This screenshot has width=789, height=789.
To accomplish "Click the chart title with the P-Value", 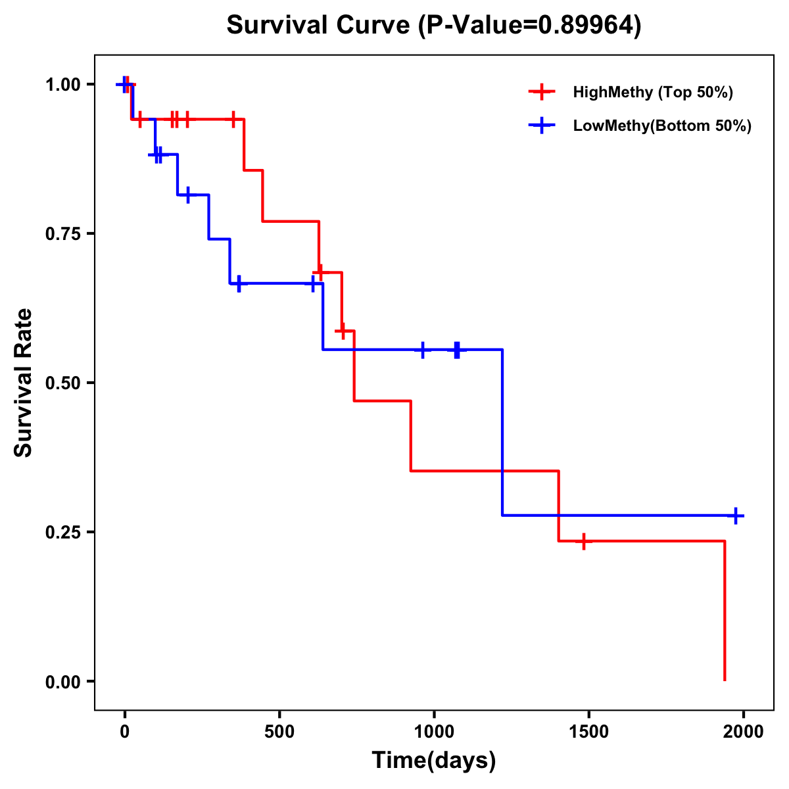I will (433, 25).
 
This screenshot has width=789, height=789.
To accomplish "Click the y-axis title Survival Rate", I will (24, 383).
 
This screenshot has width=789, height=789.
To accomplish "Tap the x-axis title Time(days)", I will (434, 760).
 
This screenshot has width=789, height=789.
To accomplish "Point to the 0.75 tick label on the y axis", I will (63, 233).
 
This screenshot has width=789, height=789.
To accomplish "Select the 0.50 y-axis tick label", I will (63, 383).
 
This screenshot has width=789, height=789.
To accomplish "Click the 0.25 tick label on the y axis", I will (63, 532).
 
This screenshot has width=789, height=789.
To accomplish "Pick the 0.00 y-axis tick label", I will (63, 681).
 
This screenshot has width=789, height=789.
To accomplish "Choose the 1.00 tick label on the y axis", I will (63, 84).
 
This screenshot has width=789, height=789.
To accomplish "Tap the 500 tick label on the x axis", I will (279, 732).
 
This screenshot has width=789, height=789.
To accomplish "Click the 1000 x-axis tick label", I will (434, 732).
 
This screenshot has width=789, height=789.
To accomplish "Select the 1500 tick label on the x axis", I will (588, 732).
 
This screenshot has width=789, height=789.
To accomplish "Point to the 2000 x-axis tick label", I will (743, 732).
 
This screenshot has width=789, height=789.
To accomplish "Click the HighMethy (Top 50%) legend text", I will (653, 92).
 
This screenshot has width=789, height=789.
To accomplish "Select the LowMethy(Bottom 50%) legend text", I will (662, 126).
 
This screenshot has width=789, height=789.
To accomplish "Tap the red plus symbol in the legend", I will (541, 92).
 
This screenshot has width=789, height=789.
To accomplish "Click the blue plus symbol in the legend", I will (541, 126).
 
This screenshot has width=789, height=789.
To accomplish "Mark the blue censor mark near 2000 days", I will (736, 515).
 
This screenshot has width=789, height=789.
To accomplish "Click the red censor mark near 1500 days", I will (583, 541).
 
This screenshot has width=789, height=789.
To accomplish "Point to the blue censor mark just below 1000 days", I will (423, 349).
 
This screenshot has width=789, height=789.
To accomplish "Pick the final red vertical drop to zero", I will (725, 611).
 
